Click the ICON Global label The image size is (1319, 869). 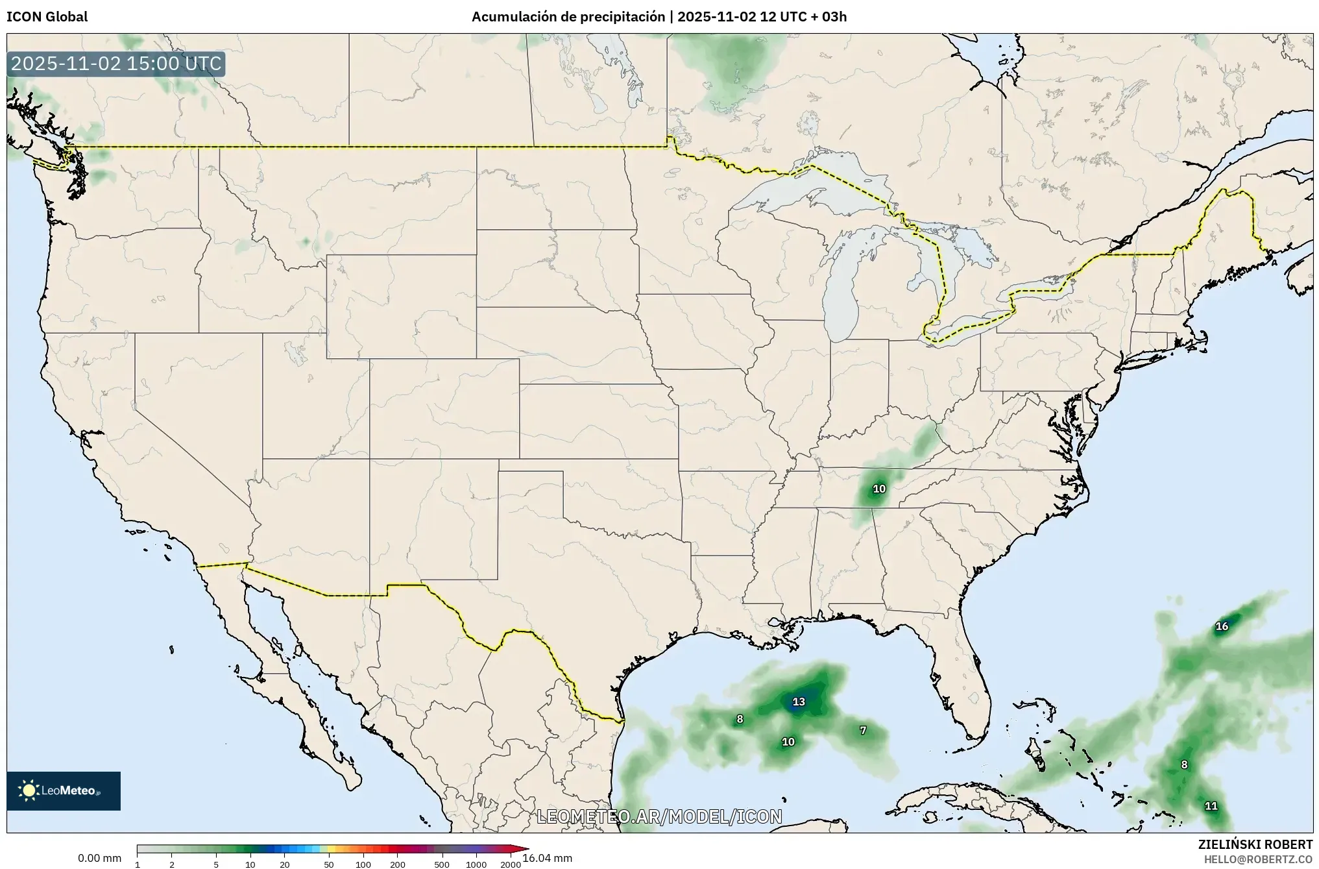point(47,17)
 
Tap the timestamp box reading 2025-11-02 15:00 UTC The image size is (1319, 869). point(116,64)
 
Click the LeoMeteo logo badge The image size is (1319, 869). point(64,790)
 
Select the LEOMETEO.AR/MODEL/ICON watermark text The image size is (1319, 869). point(659,816)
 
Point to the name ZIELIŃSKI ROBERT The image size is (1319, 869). point(1255,845)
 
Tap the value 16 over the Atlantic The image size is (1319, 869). point(1222,626)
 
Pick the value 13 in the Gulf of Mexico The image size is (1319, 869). point(798,702)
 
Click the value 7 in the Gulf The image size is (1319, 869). point(863,730)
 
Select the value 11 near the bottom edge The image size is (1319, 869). point(1211,806)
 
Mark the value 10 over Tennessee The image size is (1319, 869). point(879,489)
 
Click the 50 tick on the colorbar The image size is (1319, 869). point(329,864)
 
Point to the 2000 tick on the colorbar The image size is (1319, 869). point(511,864)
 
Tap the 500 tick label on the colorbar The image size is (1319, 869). point(442,864)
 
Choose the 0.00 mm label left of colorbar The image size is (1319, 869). point(99,858)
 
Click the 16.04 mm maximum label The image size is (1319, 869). point(547,858)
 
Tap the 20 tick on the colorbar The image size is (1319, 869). point(284,864)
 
